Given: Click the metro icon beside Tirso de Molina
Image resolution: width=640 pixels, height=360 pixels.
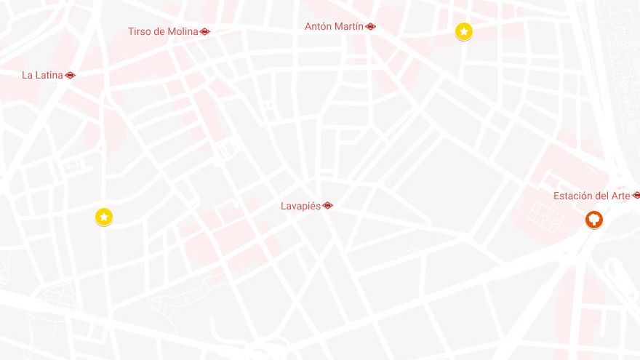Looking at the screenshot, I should (x=205, y=32).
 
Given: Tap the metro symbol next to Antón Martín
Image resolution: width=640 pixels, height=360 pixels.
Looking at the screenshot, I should (x=371, y=27).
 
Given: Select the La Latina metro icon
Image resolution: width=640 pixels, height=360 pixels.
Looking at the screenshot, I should (x=70, y=75).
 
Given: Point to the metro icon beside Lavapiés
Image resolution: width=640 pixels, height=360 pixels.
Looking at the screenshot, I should (x=327, y=206).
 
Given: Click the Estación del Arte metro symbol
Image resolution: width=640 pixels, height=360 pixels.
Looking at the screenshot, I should (x=636, y=196).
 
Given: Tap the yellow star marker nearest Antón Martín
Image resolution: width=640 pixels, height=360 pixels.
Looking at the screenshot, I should (x=463, y=31).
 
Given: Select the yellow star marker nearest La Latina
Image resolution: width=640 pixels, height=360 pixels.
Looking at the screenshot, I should (x=104, y=217).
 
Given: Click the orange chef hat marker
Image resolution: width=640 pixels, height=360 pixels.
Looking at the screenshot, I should (x=594, y=219).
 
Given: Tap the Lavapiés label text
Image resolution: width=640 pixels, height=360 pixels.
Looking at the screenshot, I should (x=300, y=207).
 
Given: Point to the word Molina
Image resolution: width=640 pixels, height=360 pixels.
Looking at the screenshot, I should (x=182, y=32).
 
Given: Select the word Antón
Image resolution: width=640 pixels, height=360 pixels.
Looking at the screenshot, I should (x=318, y=27).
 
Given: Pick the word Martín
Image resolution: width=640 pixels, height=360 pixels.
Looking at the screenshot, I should (x=349, y=27).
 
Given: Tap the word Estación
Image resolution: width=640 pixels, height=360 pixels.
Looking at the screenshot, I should (x=573, y=196).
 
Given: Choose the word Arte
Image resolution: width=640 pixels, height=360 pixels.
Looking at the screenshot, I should (x=620, y=196).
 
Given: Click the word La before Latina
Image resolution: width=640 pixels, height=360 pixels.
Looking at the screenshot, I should (x=28, y=75).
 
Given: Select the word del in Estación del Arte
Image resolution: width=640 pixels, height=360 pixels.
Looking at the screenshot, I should (x=601, y=196).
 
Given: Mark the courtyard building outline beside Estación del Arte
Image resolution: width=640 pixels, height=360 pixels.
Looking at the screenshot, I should (x=542, y=213).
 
